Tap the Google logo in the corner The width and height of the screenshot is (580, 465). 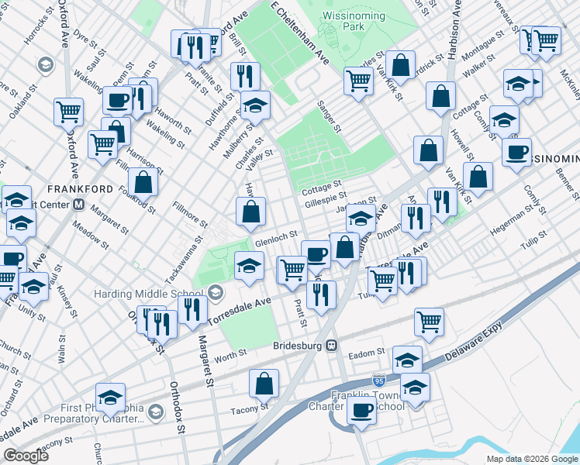26,455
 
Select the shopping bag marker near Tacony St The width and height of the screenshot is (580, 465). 264,382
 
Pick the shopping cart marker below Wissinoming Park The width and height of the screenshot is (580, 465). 358,79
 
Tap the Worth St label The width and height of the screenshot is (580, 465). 230,353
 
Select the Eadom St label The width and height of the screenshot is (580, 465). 361,353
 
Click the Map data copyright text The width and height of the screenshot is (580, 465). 531,458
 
